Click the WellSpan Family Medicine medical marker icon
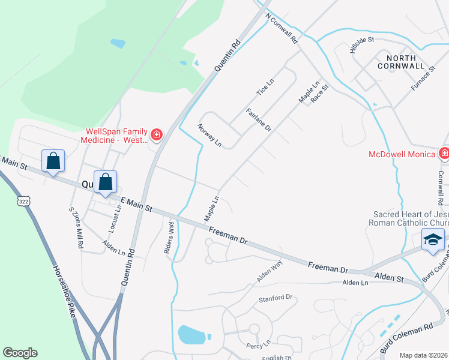157,134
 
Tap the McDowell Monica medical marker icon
444,154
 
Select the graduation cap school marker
433,239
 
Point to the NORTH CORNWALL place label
402,61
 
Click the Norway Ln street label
209,136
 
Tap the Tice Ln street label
265,88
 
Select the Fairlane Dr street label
259,120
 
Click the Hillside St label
362,44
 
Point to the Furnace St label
423,82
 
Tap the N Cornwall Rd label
282,30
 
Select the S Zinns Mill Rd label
75,228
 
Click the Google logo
20,353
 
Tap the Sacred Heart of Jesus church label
411,218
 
